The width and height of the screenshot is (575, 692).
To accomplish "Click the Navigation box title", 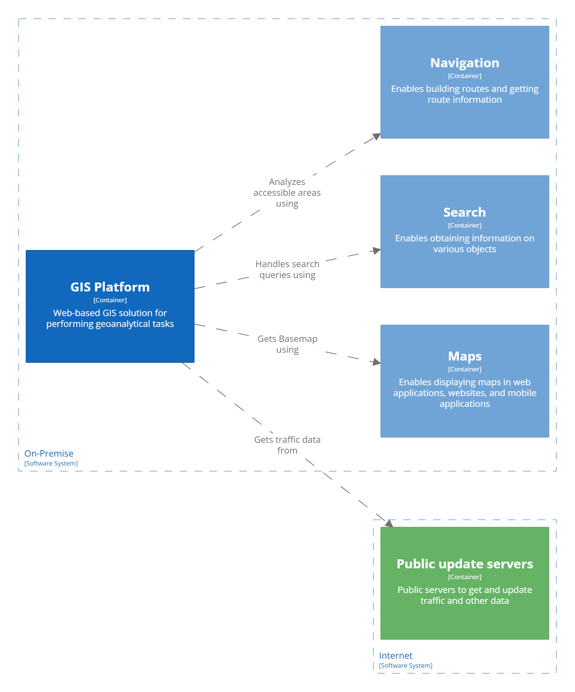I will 464,63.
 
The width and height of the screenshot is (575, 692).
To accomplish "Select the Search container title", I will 464,212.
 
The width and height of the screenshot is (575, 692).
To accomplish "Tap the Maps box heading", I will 464,356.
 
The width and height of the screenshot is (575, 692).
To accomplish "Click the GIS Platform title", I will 110,287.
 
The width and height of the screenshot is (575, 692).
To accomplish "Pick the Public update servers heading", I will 464,564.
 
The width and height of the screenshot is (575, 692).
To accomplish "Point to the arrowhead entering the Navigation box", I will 377,136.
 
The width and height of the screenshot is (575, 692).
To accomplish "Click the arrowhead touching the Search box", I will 376,251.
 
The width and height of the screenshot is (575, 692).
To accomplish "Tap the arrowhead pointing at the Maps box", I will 376,362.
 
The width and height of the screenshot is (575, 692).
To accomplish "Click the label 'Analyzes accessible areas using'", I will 287,193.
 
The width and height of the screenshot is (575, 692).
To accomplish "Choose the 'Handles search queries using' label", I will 287,269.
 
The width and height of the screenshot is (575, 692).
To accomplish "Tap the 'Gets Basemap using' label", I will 287,344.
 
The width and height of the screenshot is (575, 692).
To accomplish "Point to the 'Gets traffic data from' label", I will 287,445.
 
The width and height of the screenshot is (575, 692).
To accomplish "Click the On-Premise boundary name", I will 49,454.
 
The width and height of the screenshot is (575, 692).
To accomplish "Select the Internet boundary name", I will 395,656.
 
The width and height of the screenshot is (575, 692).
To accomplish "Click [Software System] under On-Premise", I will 51,463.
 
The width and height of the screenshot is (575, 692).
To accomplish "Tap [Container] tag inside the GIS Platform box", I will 110,300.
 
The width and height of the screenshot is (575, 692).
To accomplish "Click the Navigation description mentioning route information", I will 464,95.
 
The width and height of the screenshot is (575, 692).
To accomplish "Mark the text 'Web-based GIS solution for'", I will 110,313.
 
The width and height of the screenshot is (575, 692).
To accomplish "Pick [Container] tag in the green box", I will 464,577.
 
